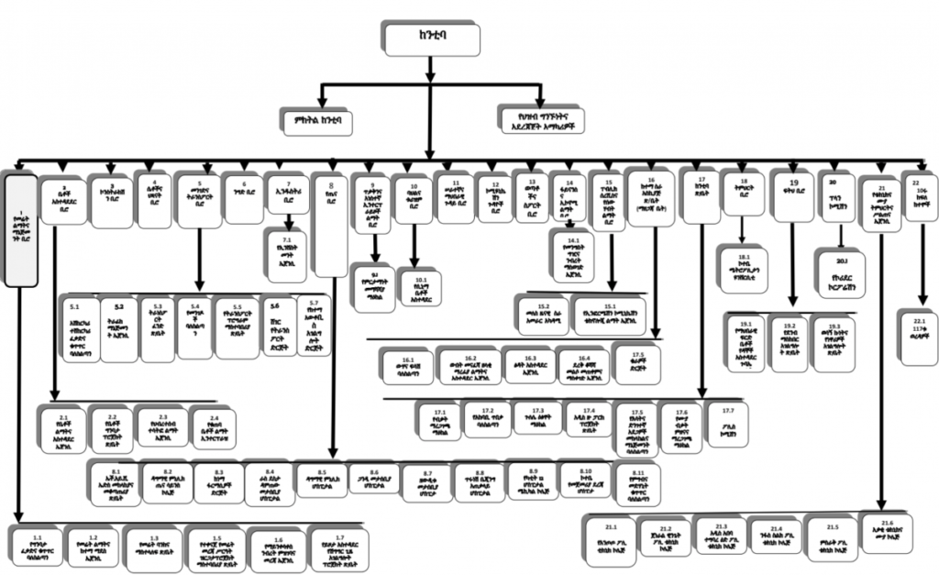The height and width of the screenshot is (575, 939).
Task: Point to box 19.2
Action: click(790, 343)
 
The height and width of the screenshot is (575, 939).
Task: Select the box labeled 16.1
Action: click(409, 364)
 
